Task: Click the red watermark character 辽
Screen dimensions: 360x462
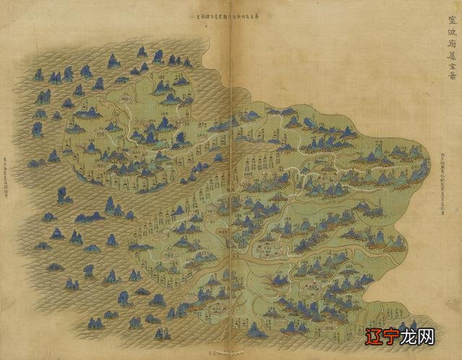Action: point(375,338)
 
